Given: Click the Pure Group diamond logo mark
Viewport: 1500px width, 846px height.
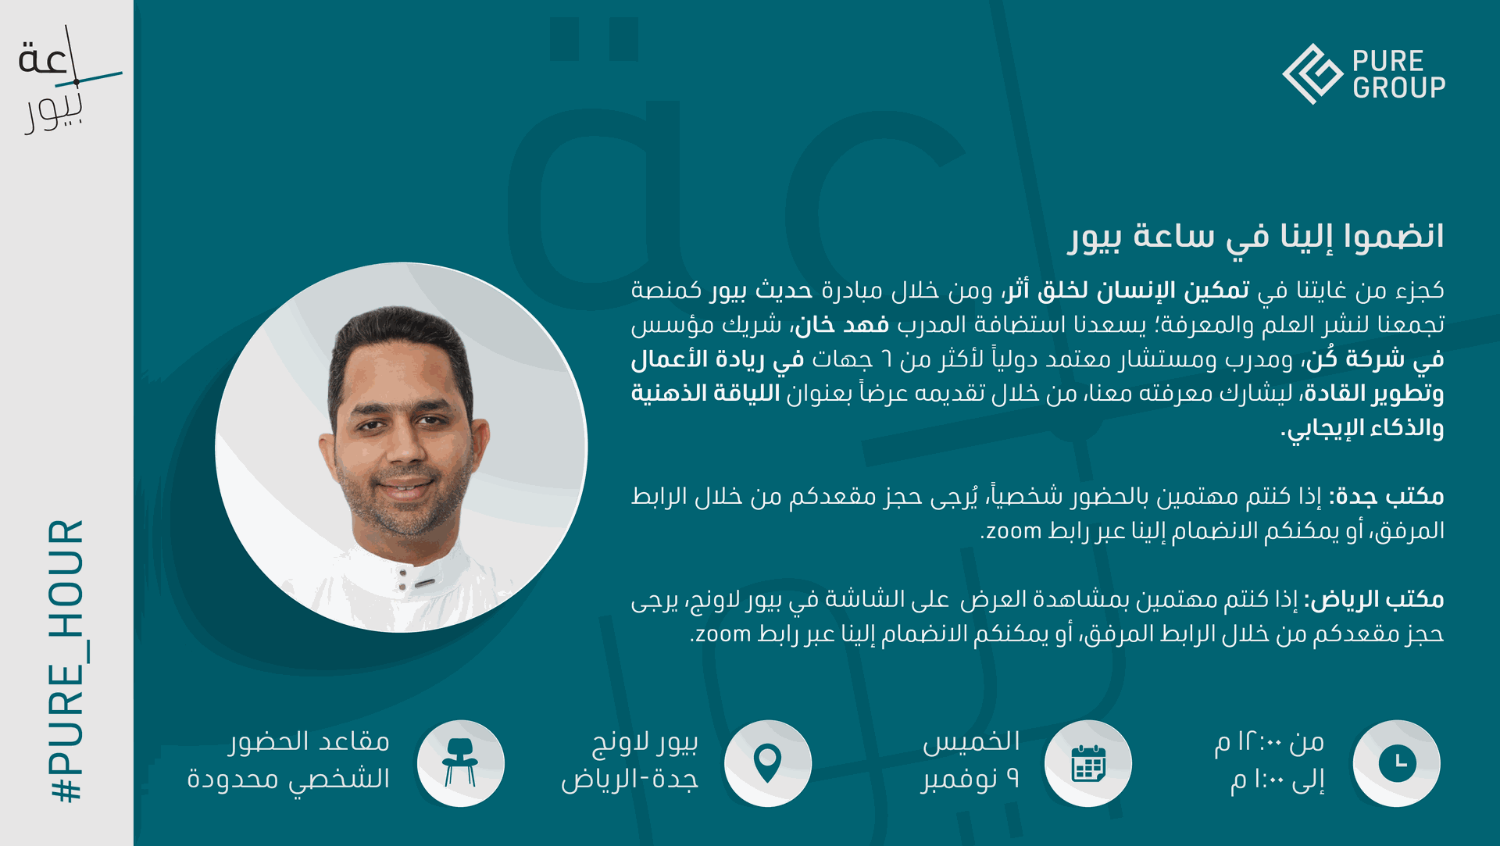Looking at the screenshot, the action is point(1312,73).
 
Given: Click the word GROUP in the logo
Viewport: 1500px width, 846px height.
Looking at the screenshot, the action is point(1399,87).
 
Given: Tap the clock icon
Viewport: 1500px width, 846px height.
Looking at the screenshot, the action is point(1397,763).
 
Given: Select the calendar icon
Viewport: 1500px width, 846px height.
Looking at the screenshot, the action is point(1088,763).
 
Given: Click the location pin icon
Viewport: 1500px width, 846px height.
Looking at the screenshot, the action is point(768,763).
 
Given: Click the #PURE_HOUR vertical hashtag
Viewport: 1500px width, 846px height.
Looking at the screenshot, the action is point(66,661).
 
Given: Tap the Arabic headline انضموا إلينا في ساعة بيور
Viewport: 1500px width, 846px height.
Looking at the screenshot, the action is point(1257,237).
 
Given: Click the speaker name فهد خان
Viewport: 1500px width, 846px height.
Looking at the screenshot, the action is point(842,324).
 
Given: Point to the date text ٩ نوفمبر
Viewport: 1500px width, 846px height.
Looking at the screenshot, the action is point(970,779).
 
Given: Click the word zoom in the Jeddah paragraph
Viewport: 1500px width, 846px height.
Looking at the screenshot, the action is point(1014,531).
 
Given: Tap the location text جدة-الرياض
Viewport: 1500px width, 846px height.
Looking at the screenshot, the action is point(630,779).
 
